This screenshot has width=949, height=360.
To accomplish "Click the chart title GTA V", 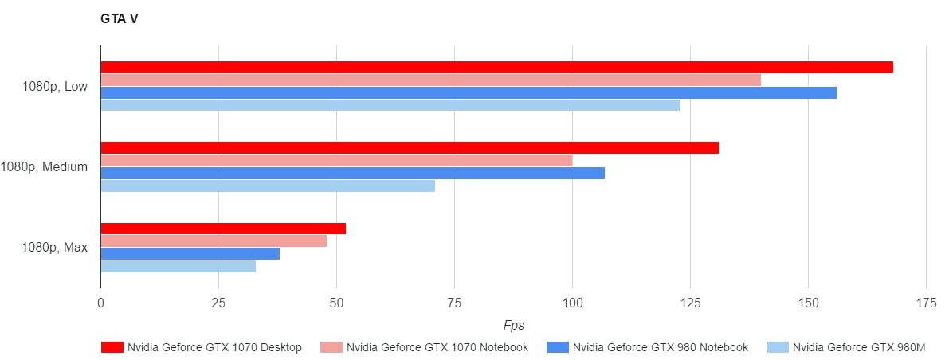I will (x=119, y=19).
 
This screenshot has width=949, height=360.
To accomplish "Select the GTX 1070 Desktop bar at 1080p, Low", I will (x=496, y=67).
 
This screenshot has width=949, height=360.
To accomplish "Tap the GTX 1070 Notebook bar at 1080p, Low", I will (x=430, y=80).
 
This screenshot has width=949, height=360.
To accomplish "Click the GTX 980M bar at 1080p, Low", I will (x=390, y=105).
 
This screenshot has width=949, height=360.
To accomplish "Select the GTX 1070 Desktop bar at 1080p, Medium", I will (x=410, y=147).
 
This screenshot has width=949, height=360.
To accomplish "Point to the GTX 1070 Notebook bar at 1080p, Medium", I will (x=336, y=160).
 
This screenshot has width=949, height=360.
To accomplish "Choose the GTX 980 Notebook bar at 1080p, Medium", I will (x=352, y=173).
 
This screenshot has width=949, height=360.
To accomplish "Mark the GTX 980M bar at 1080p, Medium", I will (x=268, y=186).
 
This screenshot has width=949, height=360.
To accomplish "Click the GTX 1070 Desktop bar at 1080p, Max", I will (x=223, y=229).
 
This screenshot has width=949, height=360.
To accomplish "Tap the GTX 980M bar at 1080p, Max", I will (x=178, y=266).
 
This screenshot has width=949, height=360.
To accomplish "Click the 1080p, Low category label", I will (x=55, y=87).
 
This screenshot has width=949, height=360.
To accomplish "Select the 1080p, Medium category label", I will (x=44, y=167).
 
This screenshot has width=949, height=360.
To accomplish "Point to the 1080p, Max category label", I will (x=55, y=248).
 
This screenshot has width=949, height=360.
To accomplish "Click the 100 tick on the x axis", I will (x=572, y=303).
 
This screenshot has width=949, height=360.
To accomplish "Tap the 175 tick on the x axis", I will (x=926, y=303).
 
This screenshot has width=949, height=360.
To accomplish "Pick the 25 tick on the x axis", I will (x=218, y=303).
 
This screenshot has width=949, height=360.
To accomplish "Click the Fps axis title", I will (x=514, y=325).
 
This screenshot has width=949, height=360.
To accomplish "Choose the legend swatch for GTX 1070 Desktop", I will (x=112, y=347).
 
